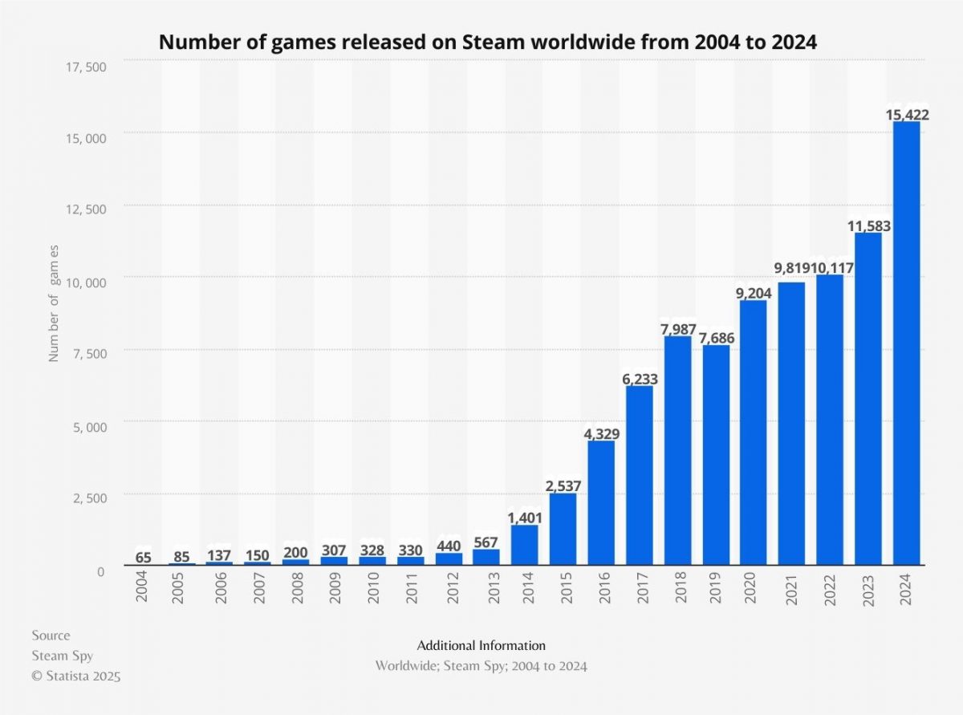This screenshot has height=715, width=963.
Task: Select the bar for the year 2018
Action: point(678,450)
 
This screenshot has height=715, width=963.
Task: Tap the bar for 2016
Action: point(601,502)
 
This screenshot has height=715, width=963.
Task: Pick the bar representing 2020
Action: point(754,433)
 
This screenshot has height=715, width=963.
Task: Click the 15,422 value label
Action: point(906,116)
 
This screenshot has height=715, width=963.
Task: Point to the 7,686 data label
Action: point(716,338)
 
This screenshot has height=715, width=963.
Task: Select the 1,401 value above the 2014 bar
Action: point(525,518)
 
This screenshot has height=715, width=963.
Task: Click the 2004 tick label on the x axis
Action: point(142,587)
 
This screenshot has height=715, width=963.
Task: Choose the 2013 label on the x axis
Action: point(486,587)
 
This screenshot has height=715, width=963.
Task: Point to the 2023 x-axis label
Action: point(868,587)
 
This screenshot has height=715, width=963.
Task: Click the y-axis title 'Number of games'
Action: point(55,304)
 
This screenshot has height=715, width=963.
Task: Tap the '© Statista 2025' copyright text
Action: point(76,676)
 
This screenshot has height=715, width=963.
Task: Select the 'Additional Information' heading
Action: point(481,645)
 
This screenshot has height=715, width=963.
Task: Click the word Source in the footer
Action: point(51,636)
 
